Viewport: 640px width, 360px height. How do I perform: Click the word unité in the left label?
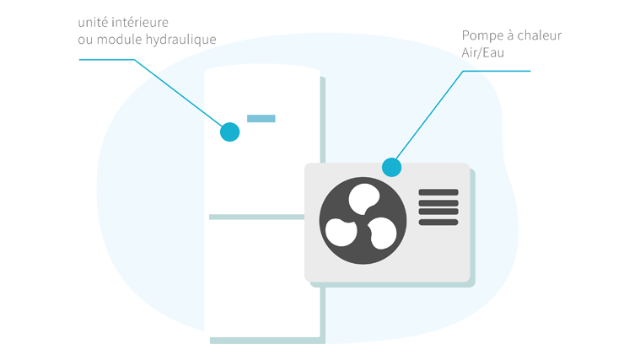coord(92,22)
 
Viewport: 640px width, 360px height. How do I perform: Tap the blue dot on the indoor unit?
coord(229,132)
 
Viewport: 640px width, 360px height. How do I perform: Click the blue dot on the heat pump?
coord(391,167)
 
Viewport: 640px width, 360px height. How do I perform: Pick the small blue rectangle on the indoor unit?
coord(261,118)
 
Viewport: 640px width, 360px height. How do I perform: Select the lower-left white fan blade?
coord(341,232)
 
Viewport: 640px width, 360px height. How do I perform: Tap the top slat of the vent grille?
coord(438,193)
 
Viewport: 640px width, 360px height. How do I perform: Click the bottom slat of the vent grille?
coord(438,223)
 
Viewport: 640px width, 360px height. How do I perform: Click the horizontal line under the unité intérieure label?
coord(106,60)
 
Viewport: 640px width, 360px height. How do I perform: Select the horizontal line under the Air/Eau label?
coord(497,71)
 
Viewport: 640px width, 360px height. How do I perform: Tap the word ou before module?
coord(83,40)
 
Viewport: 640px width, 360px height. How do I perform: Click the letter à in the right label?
coord(510,35)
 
